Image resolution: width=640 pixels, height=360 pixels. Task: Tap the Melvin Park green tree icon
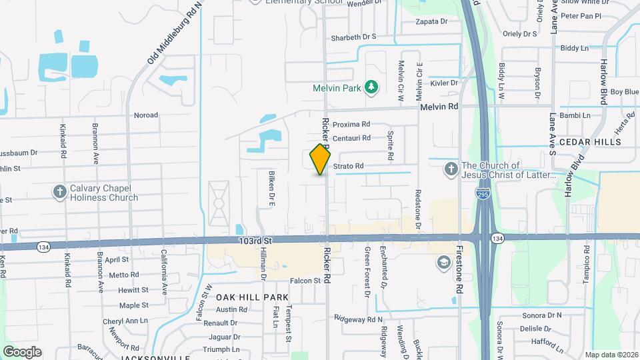371,87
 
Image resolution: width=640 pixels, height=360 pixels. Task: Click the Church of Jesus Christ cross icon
451,169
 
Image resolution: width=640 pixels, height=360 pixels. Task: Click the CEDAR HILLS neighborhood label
589,142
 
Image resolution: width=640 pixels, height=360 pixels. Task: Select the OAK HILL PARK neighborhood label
252,297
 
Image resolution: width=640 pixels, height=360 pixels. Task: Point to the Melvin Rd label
439,107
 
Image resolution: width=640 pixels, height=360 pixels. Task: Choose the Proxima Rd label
351,125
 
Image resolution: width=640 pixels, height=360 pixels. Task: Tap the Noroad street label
146,115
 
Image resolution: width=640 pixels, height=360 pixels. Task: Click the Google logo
22,351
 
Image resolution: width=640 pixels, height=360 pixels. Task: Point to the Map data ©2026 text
610,355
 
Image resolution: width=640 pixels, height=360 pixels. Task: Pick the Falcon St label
305,281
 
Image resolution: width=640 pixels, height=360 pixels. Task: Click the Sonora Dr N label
541,315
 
